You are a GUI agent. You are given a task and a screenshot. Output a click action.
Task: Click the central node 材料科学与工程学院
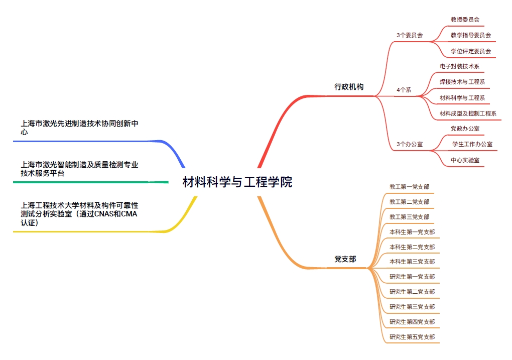(x=237, y=182)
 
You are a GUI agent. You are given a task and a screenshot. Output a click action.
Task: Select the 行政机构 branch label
(x=349, y=87)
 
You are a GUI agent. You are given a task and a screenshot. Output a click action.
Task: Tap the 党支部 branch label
(x=345, y=259)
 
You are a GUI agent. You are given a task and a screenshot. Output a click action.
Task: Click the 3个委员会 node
(x=410, y=35)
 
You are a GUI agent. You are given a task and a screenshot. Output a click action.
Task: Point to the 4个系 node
(x=404, y=90)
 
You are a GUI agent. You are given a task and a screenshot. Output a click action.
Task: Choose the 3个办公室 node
(x=410, y=144)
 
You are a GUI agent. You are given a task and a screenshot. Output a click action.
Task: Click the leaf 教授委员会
(x=465, y=20)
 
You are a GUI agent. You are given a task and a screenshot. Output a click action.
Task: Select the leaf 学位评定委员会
(x=470, y=51)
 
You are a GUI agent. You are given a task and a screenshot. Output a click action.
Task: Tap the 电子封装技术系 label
(x=459, y=66)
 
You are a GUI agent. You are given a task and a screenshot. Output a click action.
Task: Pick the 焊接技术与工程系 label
(x=462, y=82)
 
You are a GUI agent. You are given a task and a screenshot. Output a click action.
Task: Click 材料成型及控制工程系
(x=468, y=113)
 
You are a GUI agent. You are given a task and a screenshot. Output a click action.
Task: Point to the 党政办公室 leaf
(x=465, y=129)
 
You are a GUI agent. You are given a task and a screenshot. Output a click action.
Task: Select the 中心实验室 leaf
(x=465, y=160)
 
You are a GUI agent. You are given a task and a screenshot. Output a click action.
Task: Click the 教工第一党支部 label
(x=409, y=187)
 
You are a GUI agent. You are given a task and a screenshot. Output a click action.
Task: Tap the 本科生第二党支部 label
(x=412, y=247)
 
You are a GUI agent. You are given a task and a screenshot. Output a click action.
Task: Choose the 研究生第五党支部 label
(x=412, y=337)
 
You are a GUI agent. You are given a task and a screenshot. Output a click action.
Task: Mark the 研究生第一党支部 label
(x=412, y=277)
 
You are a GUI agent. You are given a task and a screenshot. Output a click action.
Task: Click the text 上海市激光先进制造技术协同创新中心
(x=79, y=128)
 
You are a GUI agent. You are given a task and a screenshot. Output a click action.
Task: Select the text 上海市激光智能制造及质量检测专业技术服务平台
(x=79, y=169)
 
